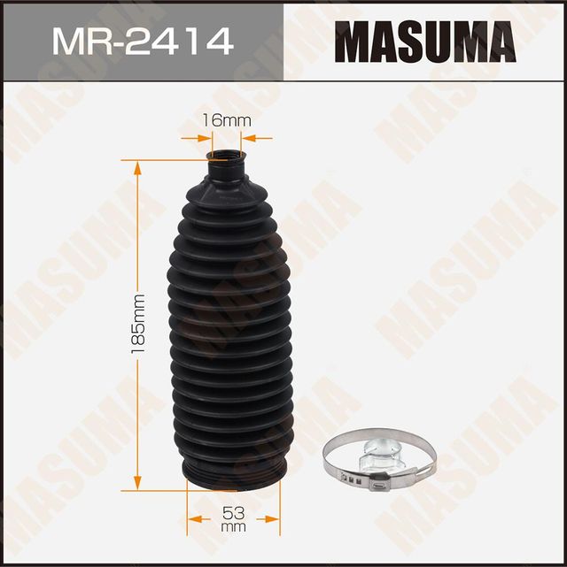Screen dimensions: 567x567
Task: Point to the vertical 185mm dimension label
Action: (x=136, y=323)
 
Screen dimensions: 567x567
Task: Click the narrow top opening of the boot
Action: (x=227, y=159)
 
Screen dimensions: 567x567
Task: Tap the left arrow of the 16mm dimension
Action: (x=206, y=137)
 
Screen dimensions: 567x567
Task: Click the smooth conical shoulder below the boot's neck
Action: (x=227, y=190)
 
